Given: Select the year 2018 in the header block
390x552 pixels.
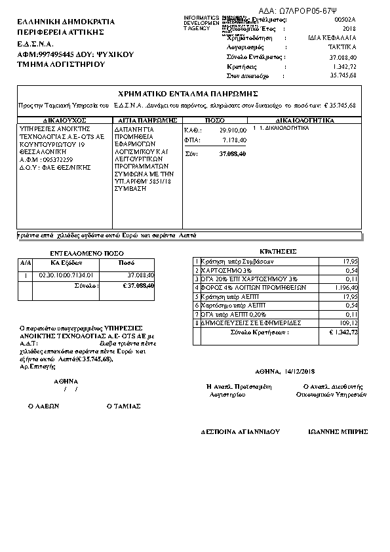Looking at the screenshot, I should [349, 30].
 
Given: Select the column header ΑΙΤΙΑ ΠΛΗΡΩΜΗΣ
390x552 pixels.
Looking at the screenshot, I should [146, 121].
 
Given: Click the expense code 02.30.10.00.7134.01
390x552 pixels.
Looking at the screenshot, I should [67, 275].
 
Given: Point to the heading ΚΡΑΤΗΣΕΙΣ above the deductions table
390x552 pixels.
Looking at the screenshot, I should [279, 251].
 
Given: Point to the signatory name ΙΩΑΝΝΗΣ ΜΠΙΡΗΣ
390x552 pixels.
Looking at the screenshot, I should [338, 432].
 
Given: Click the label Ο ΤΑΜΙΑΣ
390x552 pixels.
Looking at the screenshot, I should [124, 406].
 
